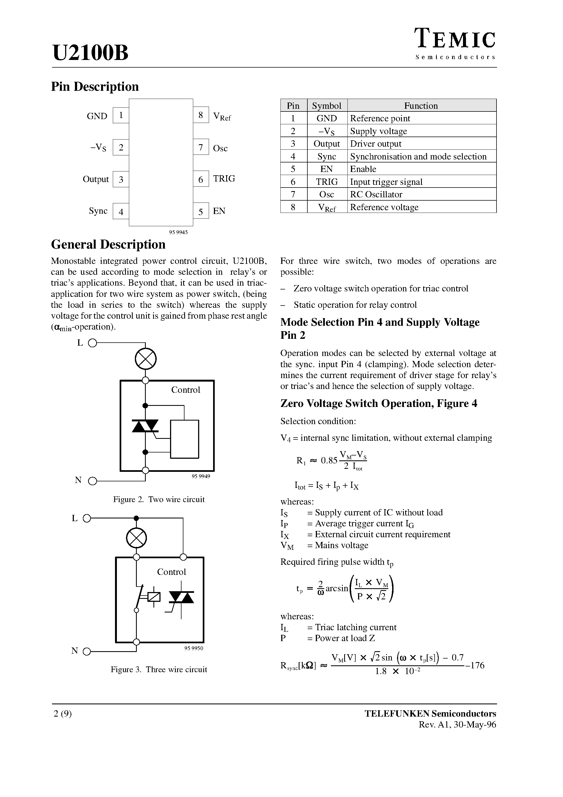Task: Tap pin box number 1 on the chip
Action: tap(121, 115)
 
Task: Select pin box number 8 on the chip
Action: tap(201, 115)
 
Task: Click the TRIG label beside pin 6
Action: tap(224, 179)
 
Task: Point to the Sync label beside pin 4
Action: tap(98, 211)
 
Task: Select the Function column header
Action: tap(421, 105)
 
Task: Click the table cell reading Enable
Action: tap(363, 169)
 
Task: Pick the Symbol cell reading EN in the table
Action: tap(327, 169)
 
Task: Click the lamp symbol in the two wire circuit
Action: tap(146, 359)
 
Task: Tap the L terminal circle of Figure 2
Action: tap(92, 343)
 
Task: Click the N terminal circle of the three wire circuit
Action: tap(87, 651)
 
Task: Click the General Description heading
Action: tap(108, 244)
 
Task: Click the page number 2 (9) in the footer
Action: tap(63, 714)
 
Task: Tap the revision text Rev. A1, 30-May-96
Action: tap(457, 724)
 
